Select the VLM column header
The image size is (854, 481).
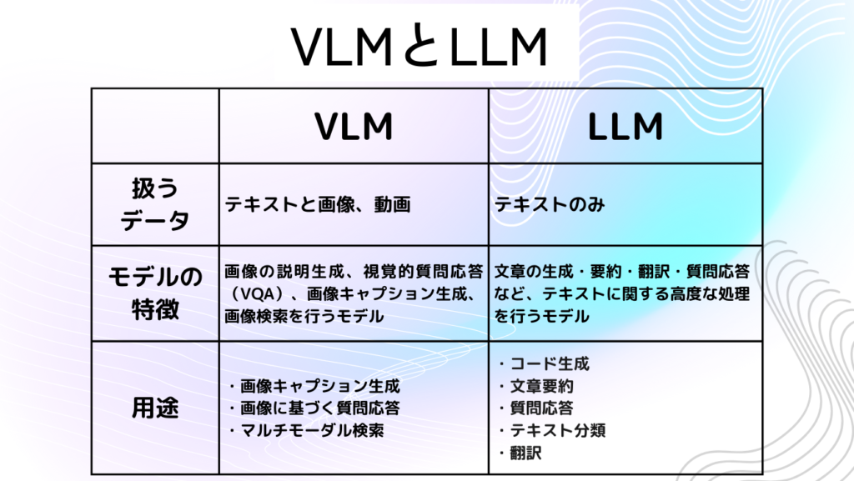354,127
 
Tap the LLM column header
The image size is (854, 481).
625,127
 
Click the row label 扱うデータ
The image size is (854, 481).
155,204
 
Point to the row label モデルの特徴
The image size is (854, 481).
155,293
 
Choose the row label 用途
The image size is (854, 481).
155,408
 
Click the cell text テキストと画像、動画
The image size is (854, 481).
318,205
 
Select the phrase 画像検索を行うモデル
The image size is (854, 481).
304,317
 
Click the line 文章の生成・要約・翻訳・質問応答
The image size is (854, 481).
622,272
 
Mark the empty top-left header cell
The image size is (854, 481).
155,126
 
